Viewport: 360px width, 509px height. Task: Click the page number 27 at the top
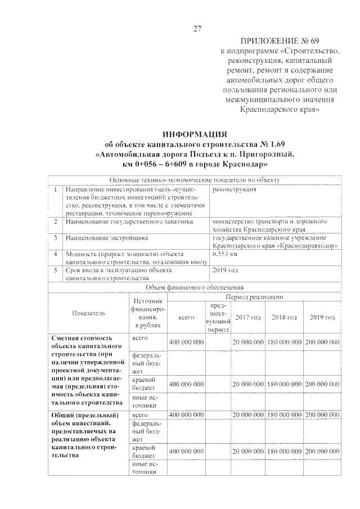(197, 29)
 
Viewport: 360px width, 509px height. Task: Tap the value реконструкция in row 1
(235, 189)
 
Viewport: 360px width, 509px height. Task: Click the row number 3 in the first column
(55, 238)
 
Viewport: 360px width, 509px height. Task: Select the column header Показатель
(88, 313)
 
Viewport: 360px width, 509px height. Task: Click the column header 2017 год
(247, 317)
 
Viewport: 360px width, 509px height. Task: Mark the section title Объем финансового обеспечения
(195, 287)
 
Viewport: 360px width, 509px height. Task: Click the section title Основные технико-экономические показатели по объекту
(195, 179)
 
